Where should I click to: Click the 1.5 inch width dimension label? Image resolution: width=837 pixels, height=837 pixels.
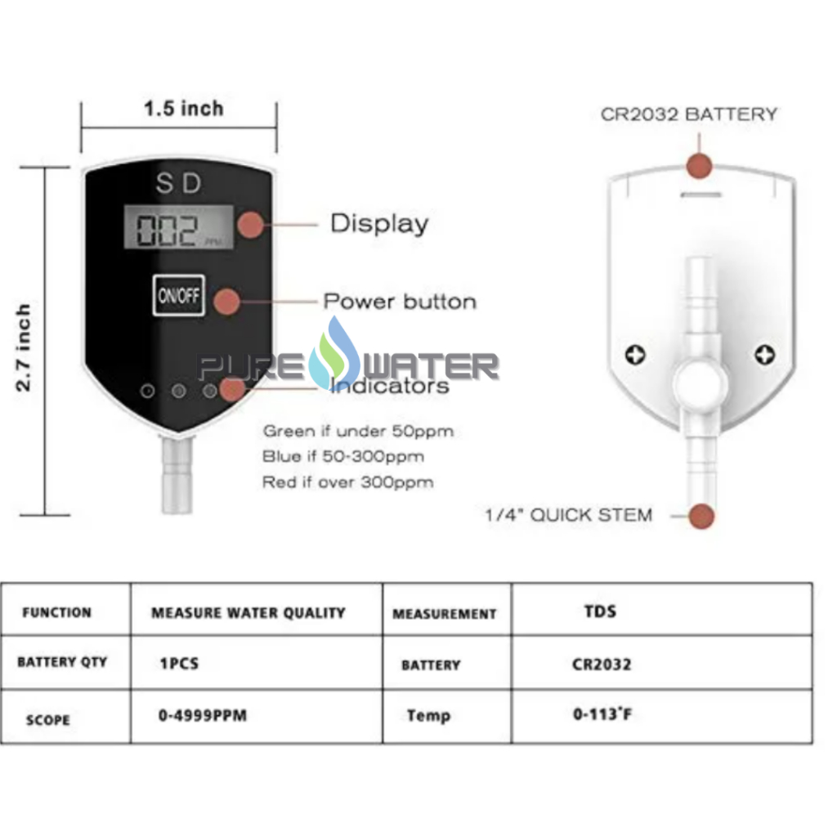183,108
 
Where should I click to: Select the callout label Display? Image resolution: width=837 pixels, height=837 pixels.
378,223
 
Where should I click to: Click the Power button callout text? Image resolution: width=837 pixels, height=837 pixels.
400,301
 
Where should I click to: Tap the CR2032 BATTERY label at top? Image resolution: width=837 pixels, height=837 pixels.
688,114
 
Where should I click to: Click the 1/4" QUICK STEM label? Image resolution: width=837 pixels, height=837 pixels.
569,515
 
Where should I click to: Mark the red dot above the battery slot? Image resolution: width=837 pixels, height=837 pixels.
699,165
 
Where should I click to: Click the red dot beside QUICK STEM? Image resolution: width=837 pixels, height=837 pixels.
701,516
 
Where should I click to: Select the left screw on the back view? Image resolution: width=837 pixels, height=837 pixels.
634,355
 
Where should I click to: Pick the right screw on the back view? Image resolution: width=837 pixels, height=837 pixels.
765,355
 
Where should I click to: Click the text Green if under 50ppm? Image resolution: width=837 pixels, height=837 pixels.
358,431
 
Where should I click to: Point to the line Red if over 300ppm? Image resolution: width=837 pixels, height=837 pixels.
347,482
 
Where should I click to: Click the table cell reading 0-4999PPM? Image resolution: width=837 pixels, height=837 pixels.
202,715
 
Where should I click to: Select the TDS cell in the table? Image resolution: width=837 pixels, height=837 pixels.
600,611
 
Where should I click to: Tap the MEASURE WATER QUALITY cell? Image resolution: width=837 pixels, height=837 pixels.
248,612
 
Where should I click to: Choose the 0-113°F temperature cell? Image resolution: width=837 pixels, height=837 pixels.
602,715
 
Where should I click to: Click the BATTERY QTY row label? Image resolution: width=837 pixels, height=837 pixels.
62,662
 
